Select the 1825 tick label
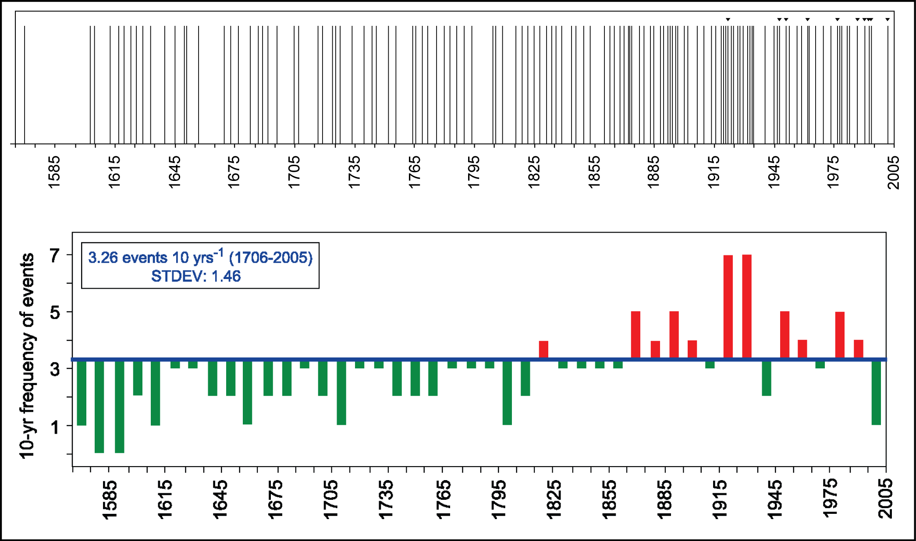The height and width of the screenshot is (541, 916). click(554, 499)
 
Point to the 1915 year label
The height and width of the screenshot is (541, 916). click(720, 499)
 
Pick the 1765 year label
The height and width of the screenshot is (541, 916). click(444, 499)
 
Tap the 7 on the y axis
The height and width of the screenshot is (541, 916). click(55, 255)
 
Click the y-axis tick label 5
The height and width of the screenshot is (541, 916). click(55, 312)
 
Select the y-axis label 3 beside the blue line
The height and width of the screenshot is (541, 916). click(55, 369)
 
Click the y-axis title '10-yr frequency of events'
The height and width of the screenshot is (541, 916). click(27, 356)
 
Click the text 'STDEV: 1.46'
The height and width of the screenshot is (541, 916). click(196, 276)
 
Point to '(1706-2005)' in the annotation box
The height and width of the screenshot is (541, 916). click(271, 258)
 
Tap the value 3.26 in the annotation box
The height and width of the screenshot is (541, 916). click(103, 258)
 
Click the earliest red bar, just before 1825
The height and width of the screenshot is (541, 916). click(543, 350)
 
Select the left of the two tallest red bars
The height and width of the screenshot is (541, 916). click(728, 307)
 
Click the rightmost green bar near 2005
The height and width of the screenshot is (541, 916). click(876, 392)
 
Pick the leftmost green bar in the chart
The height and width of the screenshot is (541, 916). click(82, 392)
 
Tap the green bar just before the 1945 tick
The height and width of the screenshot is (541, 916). click(767, 378)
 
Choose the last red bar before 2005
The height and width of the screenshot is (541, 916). click(859, 349)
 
